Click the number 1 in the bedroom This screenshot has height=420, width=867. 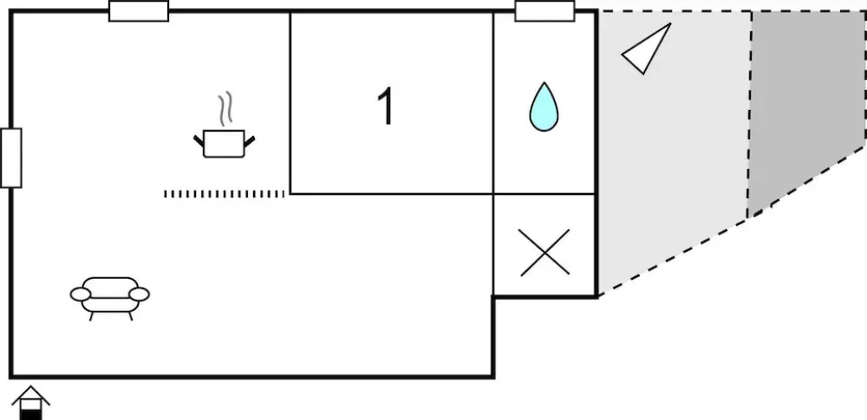click(385, 106)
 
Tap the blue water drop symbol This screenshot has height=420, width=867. click(543, 108)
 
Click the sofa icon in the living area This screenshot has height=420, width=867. click(109, 298)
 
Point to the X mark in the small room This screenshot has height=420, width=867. click(545, 253)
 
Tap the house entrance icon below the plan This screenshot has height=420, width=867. click(31, 403)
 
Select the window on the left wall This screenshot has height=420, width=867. click(11, 158)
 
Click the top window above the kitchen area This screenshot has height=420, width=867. click(139, 11)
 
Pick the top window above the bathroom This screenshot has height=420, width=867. click(545, 11)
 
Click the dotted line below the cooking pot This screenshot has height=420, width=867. click(224, 194)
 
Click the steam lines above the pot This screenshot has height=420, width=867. click(225, 109)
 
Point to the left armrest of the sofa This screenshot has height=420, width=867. click(80, 295)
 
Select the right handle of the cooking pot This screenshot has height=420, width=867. click(250, 141)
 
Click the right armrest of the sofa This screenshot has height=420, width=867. click(140, 295)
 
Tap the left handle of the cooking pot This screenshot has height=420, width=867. click(198, 141)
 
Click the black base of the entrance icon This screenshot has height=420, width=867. click(31, 414)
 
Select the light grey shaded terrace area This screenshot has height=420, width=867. click(672, 150)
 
